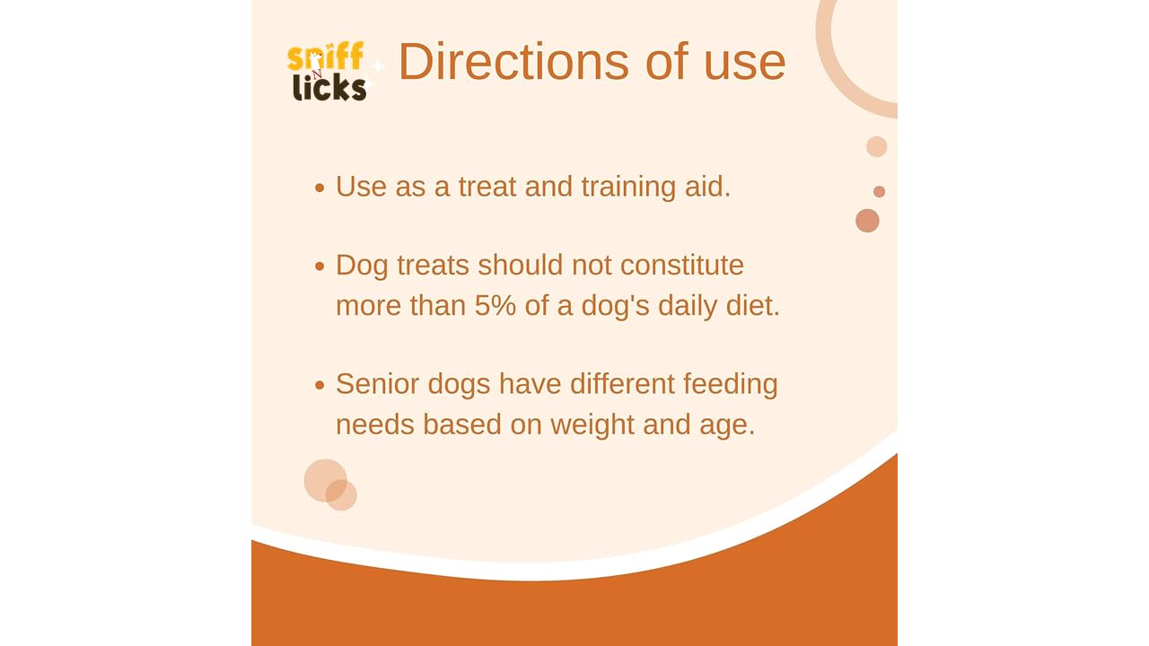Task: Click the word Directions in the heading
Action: [x=513, y=62]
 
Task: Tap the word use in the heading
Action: [x=745, y=67]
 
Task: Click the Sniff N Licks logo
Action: [x=327, y=71]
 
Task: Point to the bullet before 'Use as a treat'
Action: [x=320, y=188]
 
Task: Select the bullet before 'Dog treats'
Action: [x=320, y=266]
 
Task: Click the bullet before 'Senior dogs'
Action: [x=320, y=385]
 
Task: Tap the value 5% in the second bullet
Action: [x=495, y=306]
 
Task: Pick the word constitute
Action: [x=681, y=266]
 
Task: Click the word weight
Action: [x=592, y=425]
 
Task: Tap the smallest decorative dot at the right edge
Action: [x=879, y=191]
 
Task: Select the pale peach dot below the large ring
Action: [x=877, y=146]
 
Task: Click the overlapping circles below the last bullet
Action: [x=330, y=484]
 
